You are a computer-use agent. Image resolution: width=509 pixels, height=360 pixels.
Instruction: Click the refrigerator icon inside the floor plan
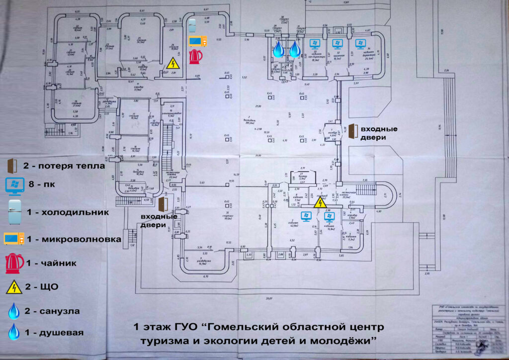coord(192,25)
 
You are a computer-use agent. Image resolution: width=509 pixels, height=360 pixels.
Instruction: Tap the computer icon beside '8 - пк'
coord(13,186)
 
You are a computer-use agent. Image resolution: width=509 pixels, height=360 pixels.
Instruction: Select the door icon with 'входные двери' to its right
coord(352,131)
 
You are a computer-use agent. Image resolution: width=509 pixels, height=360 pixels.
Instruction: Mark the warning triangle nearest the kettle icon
coord(173,64)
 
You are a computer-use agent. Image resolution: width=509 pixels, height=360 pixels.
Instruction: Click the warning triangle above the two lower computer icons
coord(319,202)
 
